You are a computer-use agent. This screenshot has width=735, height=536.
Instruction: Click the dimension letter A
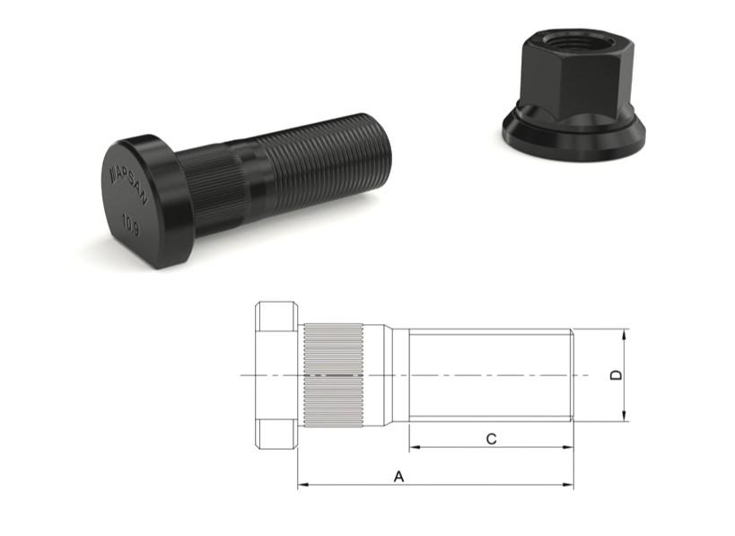click(x=398, y=477)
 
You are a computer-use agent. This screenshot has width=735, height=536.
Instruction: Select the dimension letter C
click(x=491, y=438)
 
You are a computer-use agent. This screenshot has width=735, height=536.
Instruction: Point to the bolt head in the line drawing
click(x=276, y=374)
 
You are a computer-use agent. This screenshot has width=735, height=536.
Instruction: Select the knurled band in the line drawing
click(x=332, y=374)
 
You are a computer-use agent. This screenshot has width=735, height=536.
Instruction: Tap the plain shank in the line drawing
click(x=489, y=374)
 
